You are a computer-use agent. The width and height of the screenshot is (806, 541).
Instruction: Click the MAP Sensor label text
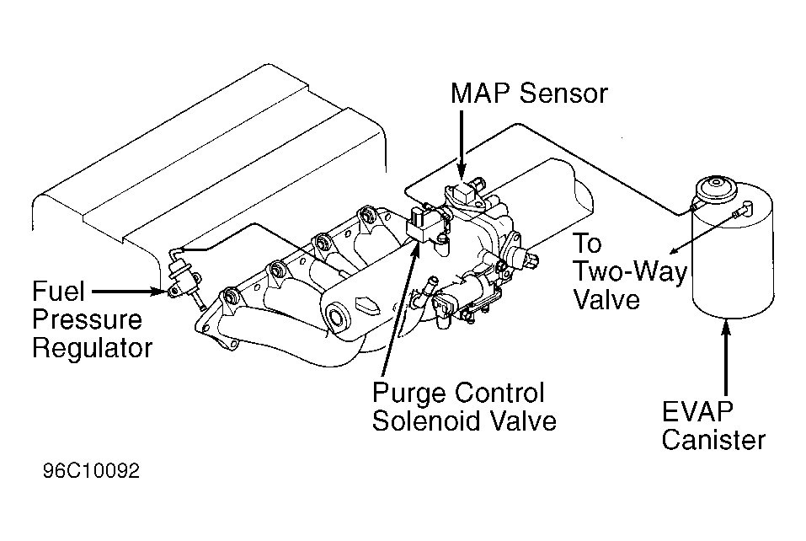point(529,94)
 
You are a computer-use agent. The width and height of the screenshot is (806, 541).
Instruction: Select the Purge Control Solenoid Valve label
point(464,407)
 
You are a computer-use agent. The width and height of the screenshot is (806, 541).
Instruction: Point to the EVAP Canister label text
point(713,426)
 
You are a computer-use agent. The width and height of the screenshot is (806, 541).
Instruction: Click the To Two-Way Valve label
point(630,271)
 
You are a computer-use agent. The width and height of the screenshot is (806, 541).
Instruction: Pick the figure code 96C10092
point(91,471)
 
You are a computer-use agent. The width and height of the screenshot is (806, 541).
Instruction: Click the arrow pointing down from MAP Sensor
point(462,145)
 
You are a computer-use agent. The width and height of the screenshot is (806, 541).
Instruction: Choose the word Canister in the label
point(713,440)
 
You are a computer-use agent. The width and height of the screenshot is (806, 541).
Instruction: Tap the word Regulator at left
point(93,348)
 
